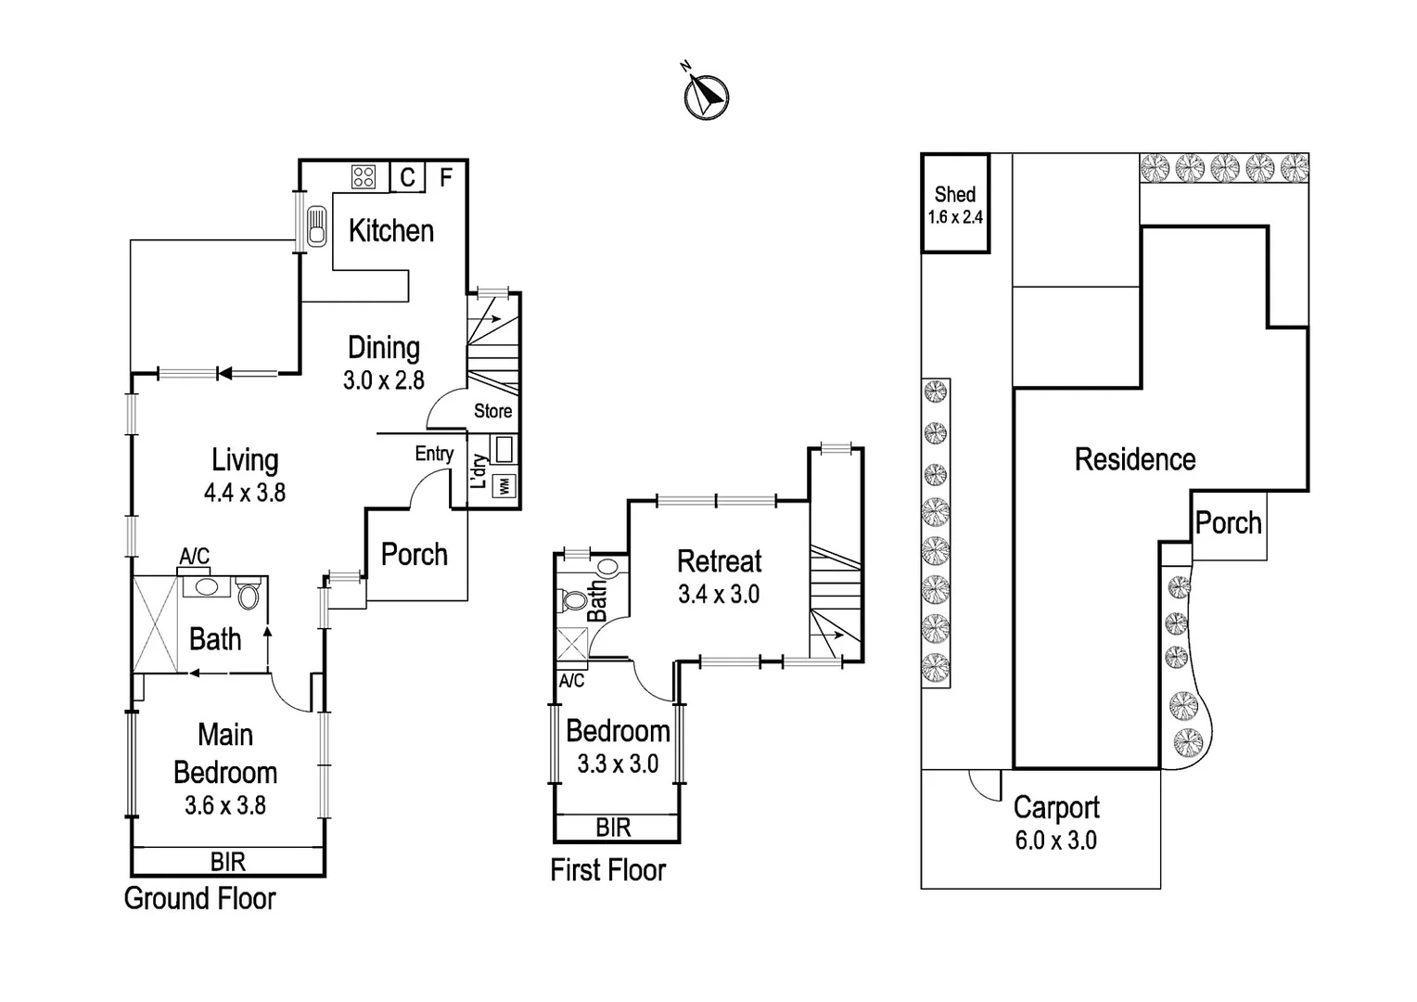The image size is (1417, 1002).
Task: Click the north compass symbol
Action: [x=706, y=96]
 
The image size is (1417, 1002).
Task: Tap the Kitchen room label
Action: [x=390, y=230]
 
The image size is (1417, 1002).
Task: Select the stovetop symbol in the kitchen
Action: [x=363, y=176]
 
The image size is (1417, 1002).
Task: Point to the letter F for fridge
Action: [x=446, y=176]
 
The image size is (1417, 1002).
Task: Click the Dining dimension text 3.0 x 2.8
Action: [x=383, y=379]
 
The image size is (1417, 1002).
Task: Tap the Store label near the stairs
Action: [x=492, y=411]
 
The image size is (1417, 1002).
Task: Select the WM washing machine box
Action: [x=504, y=485]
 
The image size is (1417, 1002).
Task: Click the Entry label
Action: [x=434, y=454]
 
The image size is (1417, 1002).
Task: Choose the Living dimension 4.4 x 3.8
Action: [x=244, y=492]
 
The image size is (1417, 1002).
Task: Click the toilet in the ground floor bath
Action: [x=248, y=595]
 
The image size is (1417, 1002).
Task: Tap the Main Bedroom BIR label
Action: [x=227, y=862]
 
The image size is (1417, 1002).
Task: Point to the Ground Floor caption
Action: [x=199, y=898]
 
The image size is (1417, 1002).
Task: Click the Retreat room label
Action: [x=719, y=560]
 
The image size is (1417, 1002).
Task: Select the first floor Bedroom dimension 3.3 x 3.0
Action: [x=618, y=764]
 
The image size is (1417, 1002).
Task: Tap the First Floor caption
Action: [x=607, y=870]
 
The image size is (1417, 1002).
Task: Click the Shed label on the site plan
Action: [x=954, y=194]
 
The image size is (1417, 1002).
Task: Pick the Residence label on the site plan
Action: [x=1134, y=459]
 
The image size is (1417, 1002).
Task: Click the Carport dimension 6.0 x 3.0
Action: [x=1055, y=841]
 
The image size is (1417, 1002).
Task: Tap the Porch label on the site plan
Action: [x=1228, y=523]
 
